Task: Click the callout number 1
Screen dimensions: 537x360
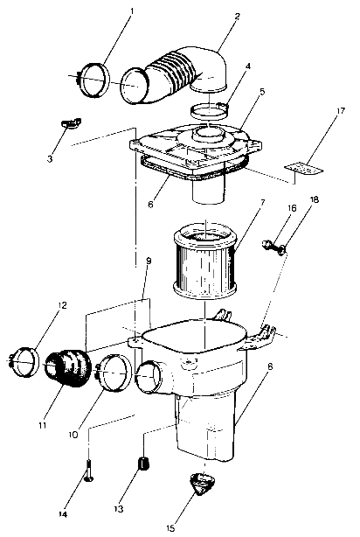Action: pyautogui.click(x=131, y=13)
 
